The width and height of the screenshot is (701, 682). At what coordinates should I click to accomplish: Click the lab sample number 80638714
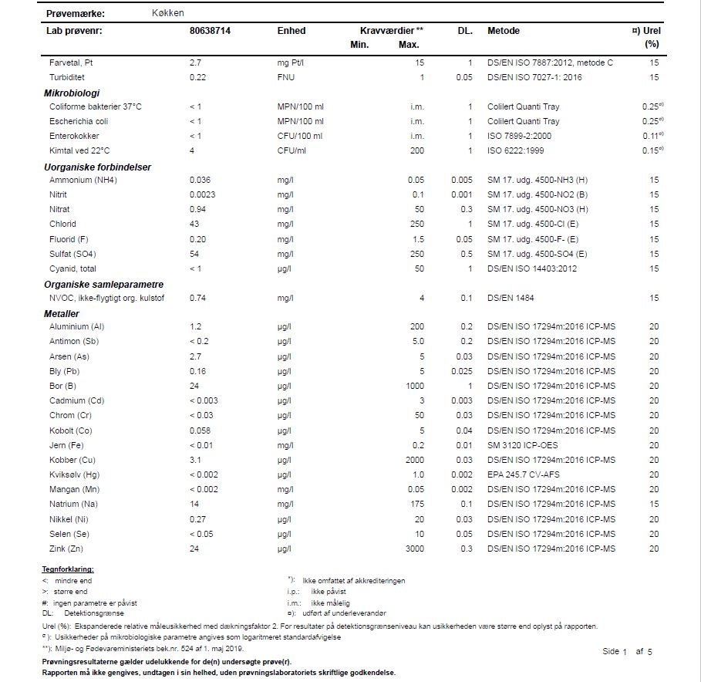point(210,31)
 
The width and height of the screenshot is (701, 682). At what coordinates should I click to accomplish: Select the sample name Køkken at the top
point(168,13)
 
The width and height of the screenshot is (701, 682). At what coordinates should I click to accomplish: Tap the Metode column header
point(504,31)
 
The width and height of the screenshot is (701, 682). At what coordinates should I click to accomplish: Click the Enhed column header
point(292,31)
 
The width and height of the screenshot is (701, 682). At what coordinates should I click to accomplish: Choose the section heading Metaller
point(61,313)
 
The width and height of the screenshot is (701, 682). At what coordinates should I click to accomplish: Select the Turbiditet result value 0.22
point(198,77)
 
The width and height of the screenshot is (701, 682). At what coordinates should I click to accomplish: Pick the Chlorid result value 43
point(194,225)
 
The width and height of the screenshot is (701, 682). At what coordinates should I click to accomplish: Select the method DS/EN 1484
point(511,298)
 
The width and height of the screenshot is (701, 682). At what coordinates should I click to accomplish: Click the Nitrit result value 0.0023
point(202,195)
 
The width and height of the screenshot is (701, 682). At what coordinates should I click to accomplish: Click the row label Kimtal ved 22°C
point(79,150)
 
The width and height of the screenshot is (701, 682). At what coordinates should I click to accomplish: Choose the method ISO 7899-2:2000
point(521,136)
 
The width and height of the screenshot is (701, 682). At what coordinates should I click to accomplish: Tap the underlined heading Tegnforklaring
point(68,569)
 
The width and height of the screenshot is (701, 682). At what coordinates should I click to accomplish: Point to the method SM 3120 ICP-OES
point(523,445)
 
